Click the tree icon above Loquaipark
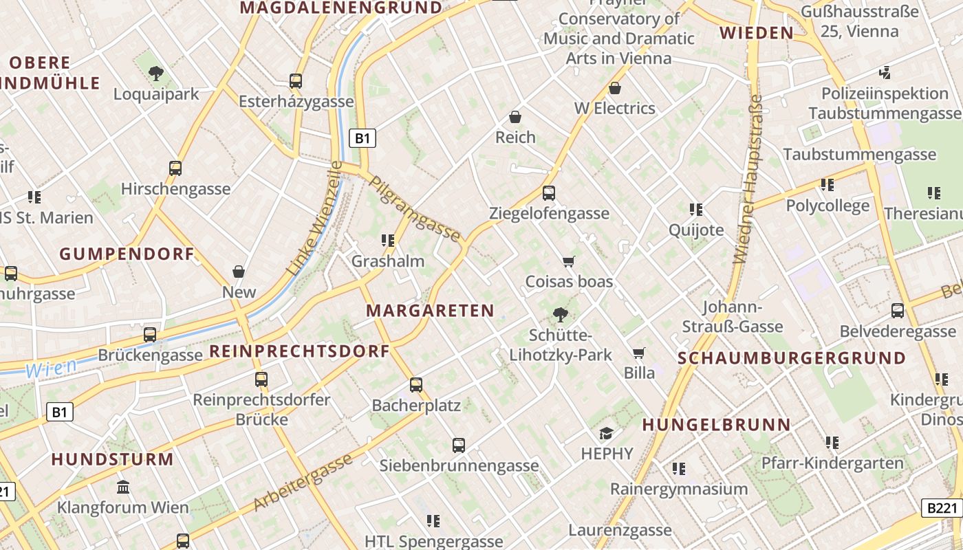(x=156, y=72)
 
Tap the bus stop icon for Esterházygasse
(x=296, y=81)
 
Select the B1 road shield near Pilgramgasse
(x=363, y=138)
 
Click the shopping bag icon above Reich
(x=515, y=117)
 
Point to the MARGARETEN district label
(x=430, y=310)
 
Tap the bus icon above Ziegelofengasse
(x=548, y=193)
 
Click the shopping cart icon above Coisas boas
(x=568, y=261)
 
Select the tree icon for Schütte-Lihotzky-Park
(x=561, y=315)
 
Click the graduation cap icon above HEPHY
(x=606, y=433)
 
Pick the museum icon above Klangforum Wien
(x=123, y=487)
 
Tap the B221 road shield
(x=942, y=508)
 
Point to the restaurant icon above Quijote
(x=696, y=209)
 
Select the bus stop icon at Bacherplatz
(x=415, y=385)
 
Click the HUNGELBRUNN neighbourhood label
(x=716, y=425)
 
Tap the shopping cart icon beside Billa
(x=639, y=353)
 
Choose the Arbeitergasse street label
(x=303, y=483)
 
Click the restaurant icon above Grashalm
(x=388, y=241)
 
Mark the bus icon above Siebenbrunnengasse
(x=459, y=445)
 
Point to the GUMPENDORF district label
(x=127, y=254)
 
